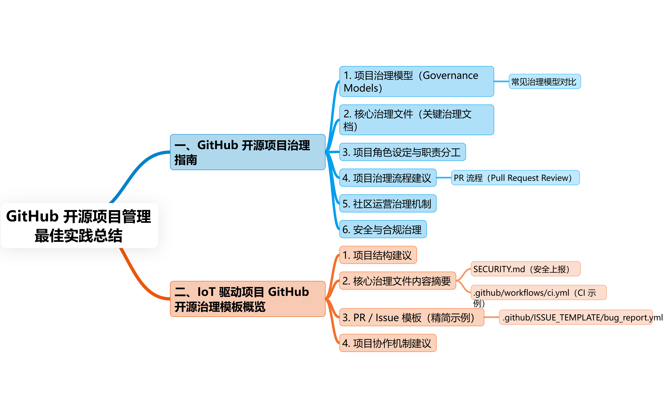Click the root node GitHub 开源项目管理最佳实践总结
(x=79, y=225)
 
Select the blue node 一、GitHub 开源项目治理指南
(x=248, y=152)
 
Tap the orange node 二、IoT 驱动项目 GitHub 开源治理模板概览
(x=248, y=299)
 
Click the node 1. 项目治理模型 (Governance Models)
(x=416, y=82)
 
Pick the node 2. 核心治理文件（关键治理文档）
(x=416, y=120)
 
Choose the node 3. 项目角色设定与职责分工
(x=402, y=152)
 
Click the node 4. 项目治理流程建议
(x=388, y=178)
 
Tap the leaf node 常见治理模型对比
(x=545, y=82)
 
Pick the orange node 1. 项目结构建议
(x=378, y=255)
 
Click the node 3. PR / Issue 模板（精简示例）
(x=411, y=317)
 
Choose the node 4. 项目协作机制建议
(x=388, y=343)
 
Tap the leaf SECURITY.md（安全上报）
(x=525, y=269)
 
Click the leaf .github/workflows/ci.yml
(x=538, y=292)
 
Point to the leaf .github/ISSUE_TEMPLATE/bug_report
(x=576, y=317)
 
